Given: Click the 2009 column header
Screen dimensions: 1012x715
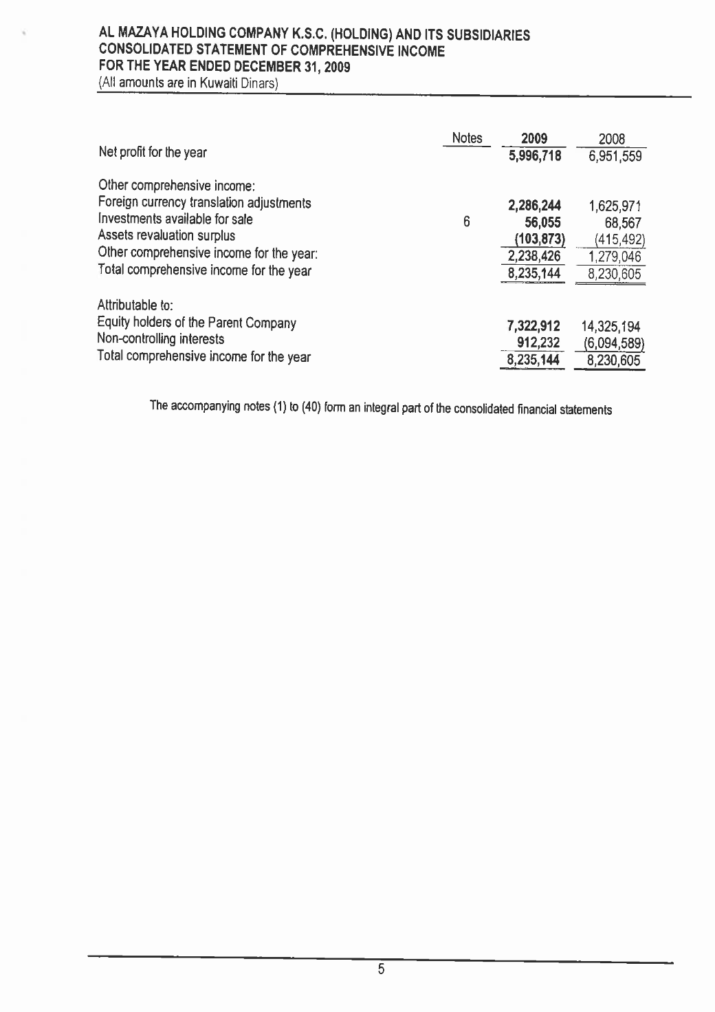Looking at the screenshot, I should [533, 139].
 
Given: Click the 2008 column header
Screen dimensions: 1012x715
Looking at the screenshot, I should [611, 140].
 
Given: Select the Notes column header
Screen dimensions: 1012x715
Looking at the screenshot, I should [467, 138].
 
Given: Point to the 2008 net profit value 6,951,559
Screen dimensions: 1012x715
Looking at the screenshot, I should [614, 156].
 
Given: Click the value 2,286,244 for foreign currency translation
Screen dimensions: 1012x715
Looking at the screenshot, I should [534, 205].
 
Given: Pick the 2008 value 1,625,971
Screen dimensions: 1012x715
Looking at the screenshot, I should [614, 206].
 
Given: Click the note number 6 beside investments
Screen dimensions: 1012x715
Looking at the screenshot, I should [466, 222].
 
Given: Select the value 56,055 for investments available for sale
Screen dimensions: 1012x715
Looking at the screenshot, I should [541, 222].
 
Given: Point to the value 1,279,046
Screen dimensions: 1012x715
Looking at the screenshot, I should [614, 257].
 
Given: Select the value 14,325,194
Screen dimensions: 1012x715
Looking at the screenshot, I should [610, 327].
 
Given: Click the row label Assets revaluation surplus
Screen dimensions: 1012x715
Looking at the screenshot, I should [167, 236].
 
